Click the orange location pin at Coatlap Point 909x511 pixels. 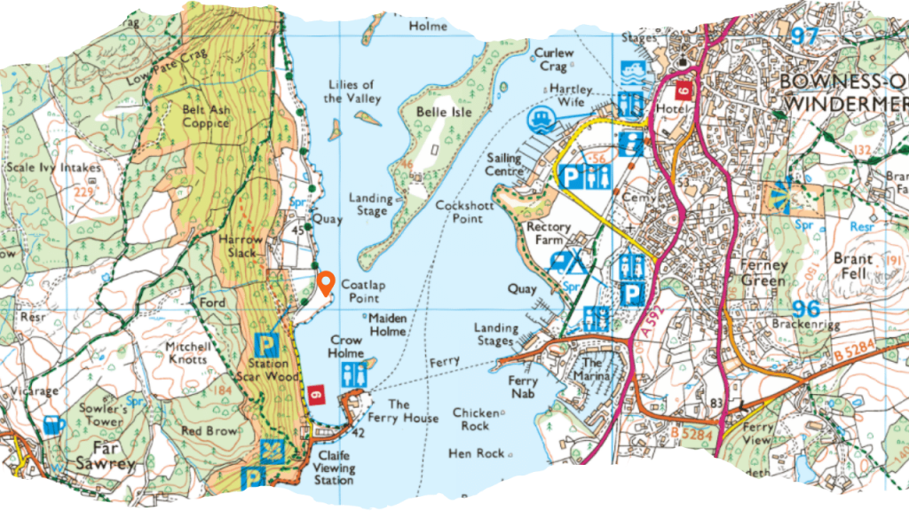326,282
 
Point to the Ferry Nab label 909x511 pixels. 523,387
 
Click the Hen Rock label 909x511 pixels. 478,452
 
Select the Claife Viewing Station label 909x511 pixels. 334,468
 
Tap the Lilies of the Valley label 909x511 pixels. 349,91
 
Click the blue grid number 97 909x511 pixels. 804,36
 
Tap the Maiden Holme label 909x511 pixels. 387,324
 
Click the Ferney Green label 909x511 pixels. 763,273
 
